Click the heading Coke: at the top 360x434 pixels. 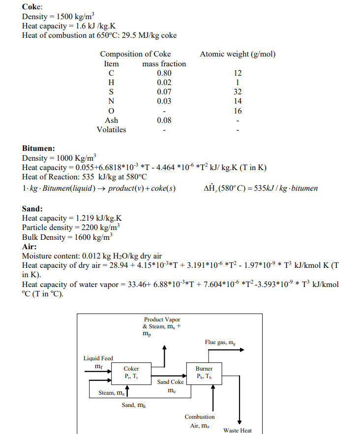[32, 7]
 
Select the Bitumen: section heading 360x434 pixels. [38, 148]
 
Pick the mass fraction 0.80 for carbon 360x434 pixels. [164, 73]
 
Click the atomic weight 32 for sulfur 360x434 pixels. [238, 92]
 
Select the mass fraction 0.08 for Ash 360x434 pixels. [164, 120]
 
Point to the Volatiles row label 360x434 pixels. [111, 130]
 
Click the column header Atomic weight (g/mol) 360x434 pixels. [238, 54]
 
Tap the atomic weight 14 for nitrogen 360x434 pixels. [238, 101]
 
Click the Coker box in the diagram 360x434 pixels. [131, 372]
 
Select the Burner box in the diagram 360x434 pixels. [204, 372]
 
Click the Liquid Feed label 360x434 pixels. [98, 358]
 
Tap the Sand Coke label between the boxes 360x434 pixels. [170, 382]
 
